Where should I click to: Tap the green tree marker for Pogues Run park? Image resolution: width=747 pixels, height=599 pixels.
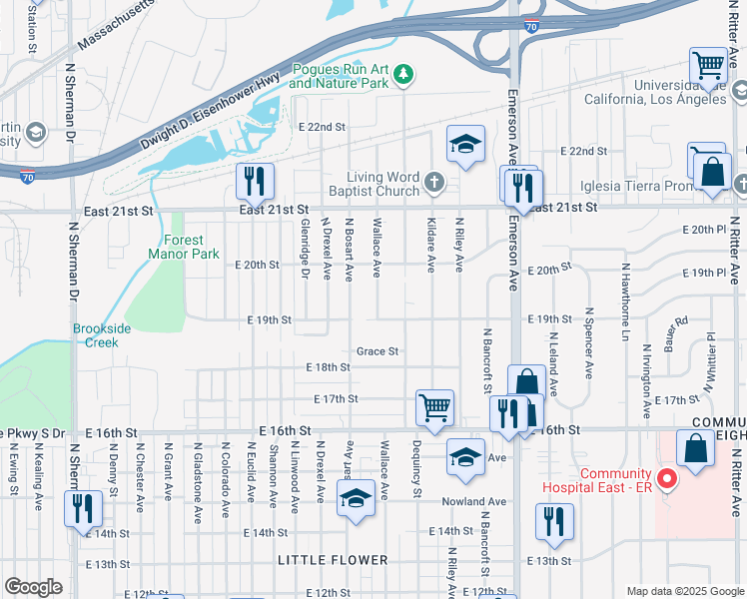click(403, 73)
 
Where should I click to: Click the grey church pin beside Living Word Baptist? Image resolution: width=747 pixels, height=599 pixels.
click(432, 183)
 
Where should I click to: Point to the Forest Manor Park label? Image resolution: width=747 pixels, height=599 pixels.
click(183, 247)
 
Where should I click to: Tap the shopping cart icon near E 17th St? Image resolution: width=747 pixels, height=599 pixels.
click(434, 407)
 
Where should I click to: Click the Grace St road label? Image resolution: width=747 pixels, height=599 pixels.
click(378, 351)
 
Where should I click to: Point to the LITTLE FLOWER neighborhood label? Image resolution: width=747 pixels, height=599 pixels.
click(333, 560)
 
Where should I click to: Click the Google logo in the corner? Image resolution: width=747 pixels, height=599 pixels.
click(33, 587)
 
